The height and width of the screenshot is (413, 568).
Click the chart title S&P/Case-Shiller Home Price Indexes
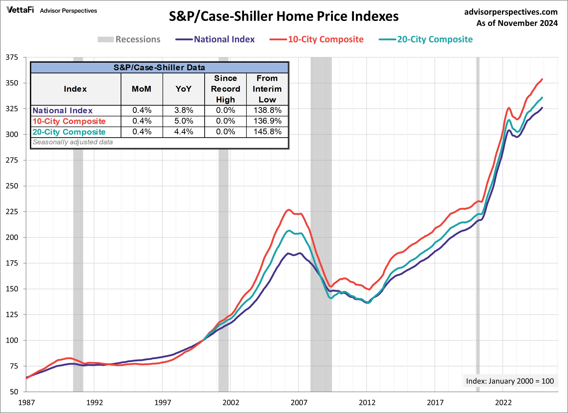click(284, 16)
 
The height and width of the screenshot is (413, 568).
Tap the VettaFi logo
click(20, 10)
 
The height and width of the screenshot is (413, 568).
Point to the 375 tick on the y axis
click(12, 57)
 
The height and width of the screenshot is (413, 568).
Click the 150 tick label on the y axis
click(12, 289)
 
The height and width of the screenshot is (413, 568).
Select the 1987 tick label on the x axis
click(26, 402)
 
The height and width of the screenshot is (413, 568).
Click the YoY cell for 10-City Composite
click(184, 121)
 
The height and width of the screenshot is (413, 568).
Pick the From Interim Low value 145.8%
click(267, 132)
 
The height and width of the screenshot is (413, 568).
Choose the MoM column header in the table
click(142, 89)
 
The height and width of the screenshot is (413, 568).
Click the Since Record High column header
click(225, 89)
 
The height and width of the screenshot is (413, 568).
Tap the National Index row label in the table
click(63, 111)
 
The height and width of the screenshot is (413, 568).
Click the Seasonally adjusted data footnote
click(73, 142)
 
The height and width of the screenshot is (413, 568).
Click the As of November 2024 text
click(517, 23)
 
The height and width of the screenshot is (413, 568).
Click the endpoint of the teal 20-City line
click(542, 97)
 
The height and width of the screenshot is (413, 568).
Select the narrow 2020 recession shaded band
click(478, 251)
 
